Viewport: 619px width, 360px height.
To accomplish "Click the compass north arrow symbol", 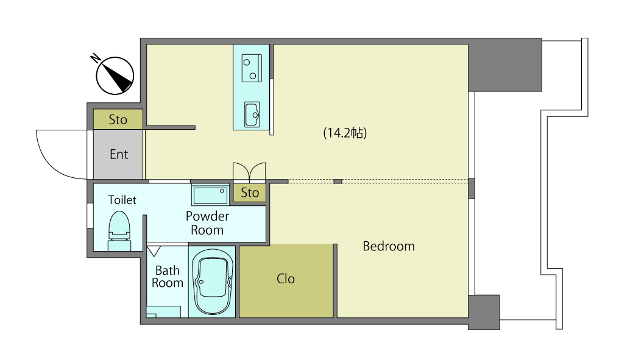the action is tap(115, 76).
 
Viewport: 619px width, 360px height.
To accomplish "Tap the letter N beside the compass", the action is tap(96, 58).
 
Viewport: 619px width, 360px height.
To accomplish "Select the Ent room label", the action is tap(119, 154).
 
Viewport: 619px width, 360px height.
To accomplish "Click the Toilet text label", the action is tap(122, 200).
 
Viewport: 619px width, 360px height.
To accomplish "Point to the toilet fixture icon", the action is tap(119, 231).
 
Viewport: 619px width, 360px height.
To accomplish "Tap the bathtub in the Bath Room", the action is tap(212, 281).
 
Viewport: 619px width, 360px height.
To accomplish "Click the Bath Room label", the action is tap(168, 277).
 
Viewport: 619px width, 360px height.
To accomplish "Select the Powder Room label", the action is tap(207, 223).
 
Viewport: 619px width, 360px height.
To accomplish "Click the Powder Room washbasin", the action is tap(210, 195).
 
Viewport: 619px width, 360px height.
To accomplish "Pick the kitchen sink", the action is tap(252, 115).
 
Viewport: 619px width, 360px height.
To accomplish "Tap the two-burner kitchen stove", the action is tap(252, 68).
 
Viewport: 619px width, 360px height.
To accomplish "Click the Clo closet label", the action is tap(286, 279).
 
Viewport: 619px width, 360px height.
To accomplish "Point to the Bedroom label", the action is tap(389, 246).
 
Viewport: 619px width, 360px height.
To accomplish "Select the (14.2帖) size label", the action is tap(345, 133).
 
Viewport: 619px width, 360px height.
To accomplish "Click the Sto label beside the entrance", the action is tap(118, 119).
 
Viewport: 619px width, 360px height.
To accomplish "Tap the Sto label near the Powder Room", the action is tap(250, 192).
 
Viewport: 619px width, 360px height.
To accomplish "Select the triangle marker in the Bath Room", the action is tap(154, 251).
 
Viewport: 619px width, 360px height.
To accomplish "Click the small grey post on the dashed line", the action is tap(338, 182).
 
